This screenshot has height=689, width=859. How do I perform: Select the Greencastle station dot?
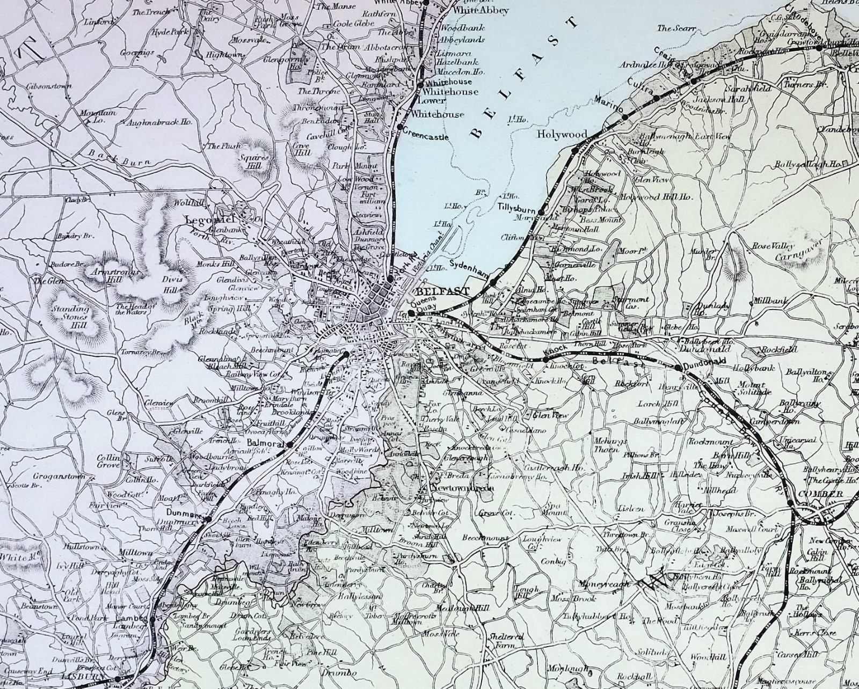point(400,127)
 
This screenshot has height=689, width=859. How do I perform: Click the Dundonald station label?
point(708,362)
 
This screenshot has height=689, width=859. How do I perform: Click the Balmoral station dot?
point(289,445)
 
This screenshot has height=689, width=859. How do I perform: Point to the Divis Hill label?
point(171,284)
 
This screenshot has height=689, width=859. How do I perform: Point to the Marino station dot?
point(625,116)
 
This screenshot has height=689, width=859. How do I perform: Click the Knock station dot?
point(545,358)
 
